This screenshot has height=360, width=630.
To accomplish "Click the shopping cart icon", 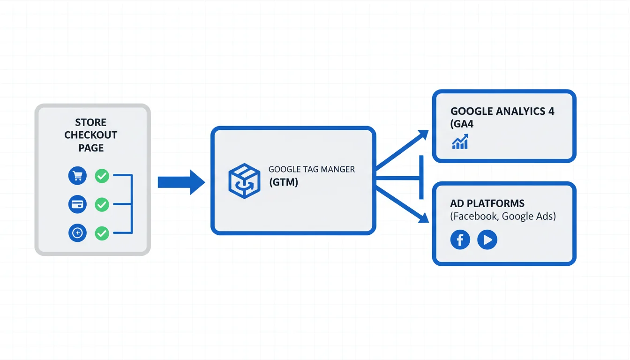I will (77, 176).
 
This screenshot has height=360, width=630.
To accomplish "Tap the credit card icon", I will (77, 204).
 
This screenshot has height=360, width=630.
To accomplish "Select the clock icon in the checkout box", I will (77, 232).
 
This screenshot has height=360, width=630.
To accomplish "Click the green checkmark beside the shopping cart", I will (102, 176).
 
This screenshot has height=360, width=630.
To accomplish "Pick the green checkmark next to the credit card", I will (102, 204).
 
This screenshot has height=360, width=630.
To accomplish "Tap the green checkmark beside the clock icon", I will (102, 232).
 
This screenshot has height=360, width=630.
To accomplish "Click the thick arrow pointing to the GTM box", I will (181, 182).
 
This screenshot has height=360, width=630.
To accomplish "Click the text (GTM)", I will (283, 182).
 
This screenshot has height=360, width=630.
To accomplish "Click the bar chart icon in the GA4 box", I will (460, 142).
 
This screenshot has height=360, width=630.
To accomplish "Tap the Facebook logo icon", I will (460, 240).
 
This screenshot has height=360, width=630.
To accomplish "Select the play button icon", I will (487, 240).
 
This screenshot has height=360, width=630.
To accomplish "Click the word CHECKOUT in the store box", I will (91, 135).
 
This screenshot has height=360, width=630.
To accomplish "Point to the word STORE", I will (91, 122).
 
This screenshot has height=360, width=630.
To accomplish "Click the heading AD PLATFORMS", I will (487, 203).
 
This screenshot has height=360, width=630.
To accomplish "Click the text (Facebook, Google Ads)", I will (502, 216).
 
